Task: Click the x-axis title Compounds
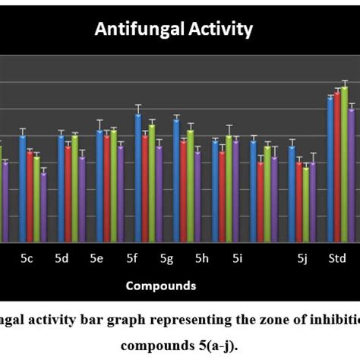point(160,286)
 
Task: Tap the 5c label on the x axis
point(27,259)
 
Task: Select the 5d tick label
point(62,259)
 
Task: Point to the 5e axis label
point(96,259)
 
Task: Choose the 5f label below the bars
point(131,259)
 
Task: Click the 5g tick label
point(166,259)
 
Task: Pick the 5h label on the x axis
point(201,259)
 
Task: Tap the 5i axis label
point(237,259)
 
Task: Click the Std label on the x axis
point(337,259)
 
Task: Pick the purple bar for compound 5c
point(43,207)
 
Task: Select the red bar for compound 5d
point(68,194)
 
